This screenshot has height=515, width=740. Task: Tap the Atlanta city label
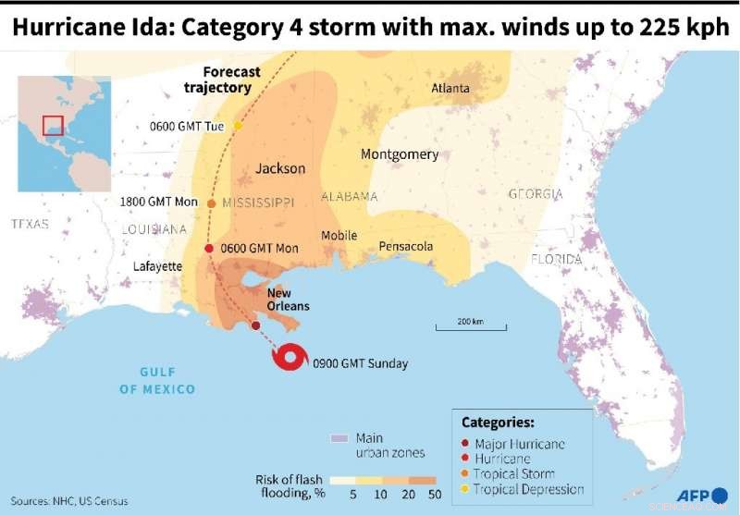(x=450, y=89)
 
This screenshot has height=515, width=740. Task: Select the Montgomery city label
(x=400, y=154)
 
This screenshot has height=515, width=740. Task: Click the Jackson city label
(x=279, y=168)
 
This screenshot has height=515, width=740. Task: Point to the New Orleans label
(x=288, y=300)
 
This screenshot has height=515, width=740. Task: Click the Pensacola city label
(x=405, y=247)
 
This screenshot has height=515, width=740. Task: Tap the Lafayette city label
(x=157, y=266)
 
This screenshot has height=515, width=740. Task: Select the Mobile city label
(x=339, y=236)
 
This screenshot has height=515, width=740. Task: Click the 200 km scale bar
(x=471, y=325)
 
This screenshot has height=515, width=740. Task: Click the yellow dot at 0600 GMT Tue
(x=238, y=125)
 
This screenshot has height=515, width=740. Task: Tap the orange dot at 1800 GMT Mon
(x=212, y=203)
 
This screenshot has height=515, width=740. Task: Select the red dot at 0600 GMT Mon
(x=209, y=248)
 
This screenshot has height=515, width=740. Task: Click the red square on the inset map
(x=53, y=126)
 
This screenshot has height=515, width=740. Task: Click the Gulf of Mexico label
(x=157, y=380)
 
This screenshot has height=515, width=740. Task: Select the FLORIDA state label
(x=556, y=259)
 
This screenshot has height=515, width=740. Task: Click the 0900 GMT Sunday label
(x=360, y=363)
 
